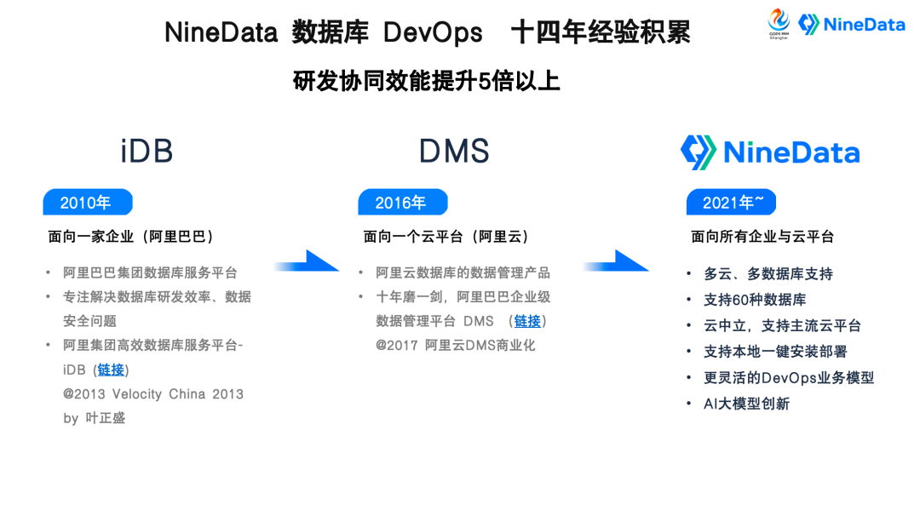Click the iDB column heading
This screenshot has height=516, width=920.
(x=147, y=152)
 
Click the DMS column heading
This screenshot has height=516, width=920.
(x=454, y=152)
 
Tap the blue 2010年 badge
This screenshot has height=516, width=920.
(x=87, y=203)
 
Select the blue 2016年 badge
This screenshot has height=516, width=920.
(x=402, y=203)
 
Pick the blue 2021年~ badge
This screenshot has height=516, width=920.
(x=729, y=203)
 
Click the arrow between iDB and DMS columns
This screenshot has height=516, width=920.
(x=308, y=262)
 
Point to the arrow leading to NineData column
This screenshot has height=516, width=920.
(x=617, y=262)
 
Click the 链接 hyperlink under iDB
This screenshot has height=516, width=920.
(x=111, y=370)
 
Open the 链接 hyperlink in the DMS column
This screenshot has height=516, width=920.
(x=527, y=321)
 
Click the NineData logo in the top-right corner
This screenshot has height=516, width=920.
(x=852, y=25)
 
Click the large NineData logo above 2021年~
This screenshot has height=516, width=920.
(x=770, y=152)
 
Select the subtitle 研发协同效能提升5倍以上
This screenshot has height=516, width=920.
(x=427, y=81)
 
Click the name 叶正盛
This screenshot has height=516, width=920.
(x=105, y=418)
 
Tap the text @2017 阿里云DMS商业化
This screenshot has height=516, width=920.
(x=456, y=346)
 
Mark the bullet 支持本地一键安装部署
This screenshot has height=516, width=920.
(x=775, y=352)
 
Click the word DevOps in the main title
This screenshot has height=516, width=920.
(x=433, y=32)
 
